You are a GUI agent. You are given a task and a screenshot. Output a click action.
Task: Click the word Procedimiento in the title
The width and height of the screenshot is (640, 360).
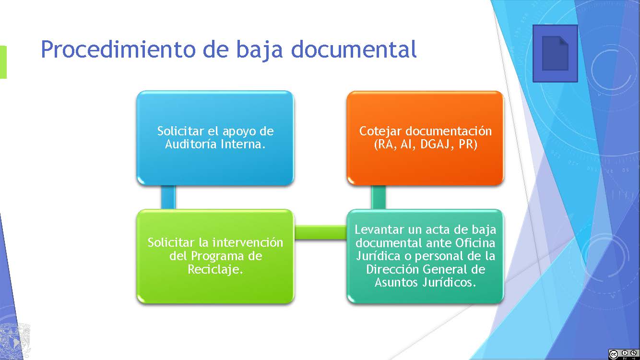[119, 49]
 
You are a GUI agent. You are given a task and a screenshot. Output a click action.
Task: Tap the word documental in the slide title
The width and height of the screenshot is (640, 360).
[354, 49]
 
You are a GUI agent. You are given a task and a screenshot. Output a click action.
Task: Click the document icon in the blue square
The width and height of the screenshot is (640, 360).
[555, 53]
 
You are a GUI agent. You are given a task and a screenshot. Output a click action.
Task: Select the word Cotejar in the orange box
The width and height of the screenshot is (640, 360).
[380, 132]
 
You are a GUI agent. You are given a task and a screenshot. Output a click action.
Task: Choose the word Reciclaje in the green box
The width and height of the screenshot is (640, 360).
[215, 270]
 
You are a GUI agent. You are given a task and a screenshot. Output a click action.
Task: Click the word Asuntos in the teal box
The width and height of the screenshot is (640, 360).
[396, 282]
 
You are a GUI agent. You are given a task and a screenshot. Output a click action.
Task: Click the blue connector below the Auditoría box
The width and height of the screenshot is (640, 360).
[168, 197]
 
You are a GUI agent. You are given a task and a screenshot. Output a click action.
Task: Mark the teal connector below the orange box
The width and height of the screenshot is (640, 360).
[379, 197]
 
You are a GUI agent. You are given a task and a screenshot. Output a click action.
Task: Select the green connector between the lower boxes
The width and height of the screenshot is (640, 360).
[320, 232]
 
